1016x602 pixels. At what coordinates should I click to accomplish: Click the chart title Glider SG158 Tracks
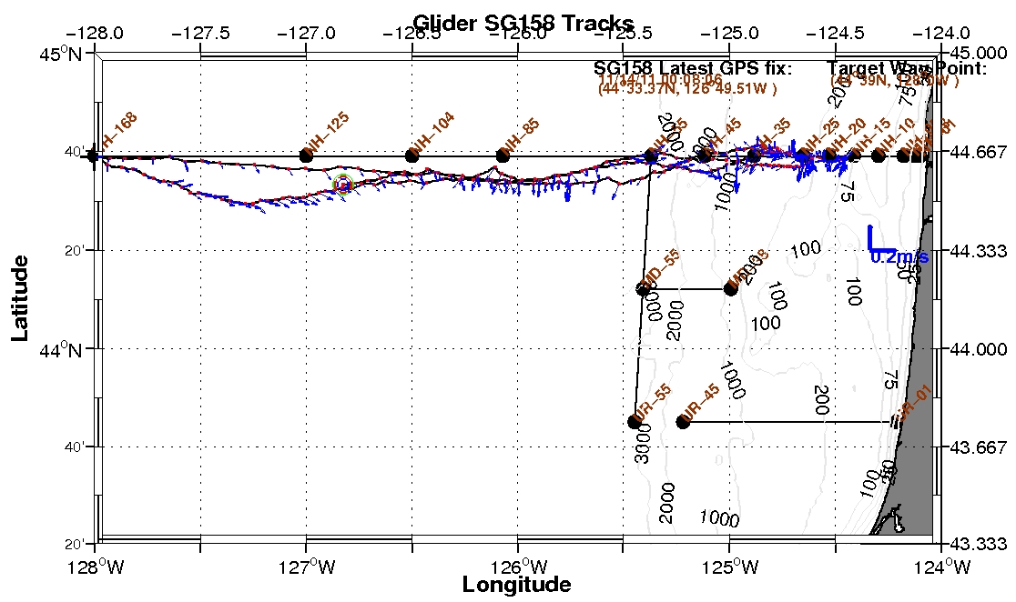[523, 22]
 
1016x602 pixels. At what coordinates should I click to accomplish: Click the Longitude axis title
[516, 584]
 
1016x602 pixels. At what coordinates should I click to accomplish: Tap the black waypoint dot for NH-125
[306, 156]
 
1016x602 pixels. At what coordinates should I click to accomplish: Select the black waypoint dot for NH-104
[411, 156]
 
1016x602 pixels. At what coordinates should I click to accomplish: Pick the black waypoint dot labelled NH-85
[503, 156]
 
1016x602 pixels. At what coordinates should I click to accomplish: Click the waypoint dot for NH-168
[94, 156]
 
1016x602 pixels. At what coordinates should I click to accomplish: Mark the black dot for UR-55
[635, 421]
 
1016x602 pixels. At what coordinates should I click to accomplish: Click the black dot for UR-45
[683, 421]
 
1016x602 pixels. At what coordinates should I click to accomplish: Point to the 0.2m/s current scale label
[899, 257]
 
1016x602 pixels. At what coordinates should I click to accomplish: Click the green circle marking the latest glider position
[342, 184]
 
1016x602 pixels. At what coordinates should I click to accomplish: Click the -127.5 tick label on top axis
[200, 35]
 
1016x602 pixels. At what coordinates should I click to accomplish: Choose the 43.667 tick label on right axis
[979, 447]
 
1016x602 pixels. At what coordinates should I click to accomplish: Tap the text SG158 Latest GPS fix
[693, 68]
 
